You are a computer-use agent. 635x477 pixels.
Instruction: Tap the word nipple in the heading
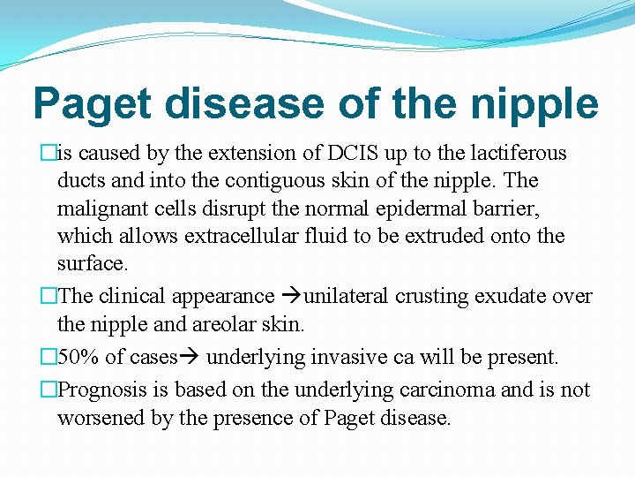tap(533, 105)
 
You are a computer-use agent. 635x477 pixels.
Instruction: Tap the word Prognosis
tap(105, 390)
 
